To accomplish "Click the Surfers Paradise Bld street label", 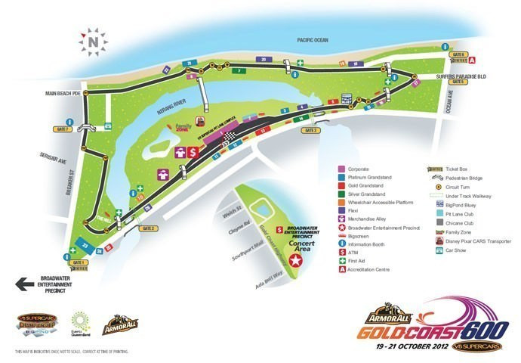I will click(x=459, y=76).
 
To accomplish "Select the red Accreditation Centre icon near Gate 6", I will click(x=473, y=60).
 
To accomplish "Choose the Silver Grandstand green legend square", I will click(x=342, y=194).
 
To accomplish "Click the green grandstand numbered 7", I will click(x=238, y=70).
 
